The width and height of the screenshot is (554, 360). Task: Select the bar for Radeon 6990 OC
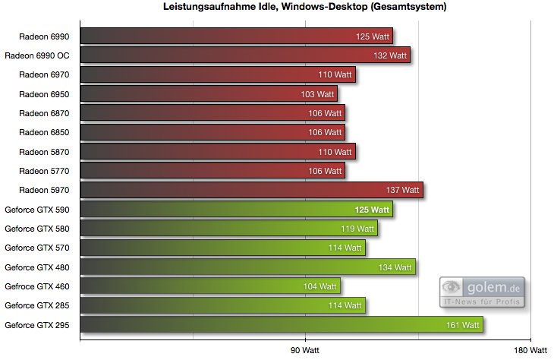pos(244,55)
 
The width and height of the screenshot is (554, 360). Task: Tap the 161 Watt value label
pos(464,325)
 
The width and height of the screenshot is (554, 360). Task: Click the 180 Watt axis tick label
pos(530,350)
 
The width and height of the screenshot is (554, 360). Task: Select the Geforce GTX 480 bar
pos(247,267)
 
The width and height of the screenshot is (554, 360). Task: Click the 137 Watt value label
pos(402,190)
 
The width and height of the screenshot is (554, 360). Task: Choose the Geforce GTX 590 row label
pos(37,209)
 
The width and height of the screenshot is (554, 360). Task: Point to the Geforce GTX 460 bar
pos(209,286)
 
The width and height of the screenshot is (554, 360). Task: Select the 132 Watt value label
pos(391,55)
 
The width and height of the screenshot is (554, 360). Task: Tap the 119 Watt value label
pos(357,229)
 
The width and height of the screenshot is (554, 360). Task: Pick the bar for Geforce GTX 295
pos(281,325)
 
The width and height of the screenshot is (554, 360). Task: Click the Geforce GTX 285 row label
pos(37,305)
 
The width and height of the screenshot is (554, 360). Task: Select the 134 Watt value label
pos(395,267)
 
